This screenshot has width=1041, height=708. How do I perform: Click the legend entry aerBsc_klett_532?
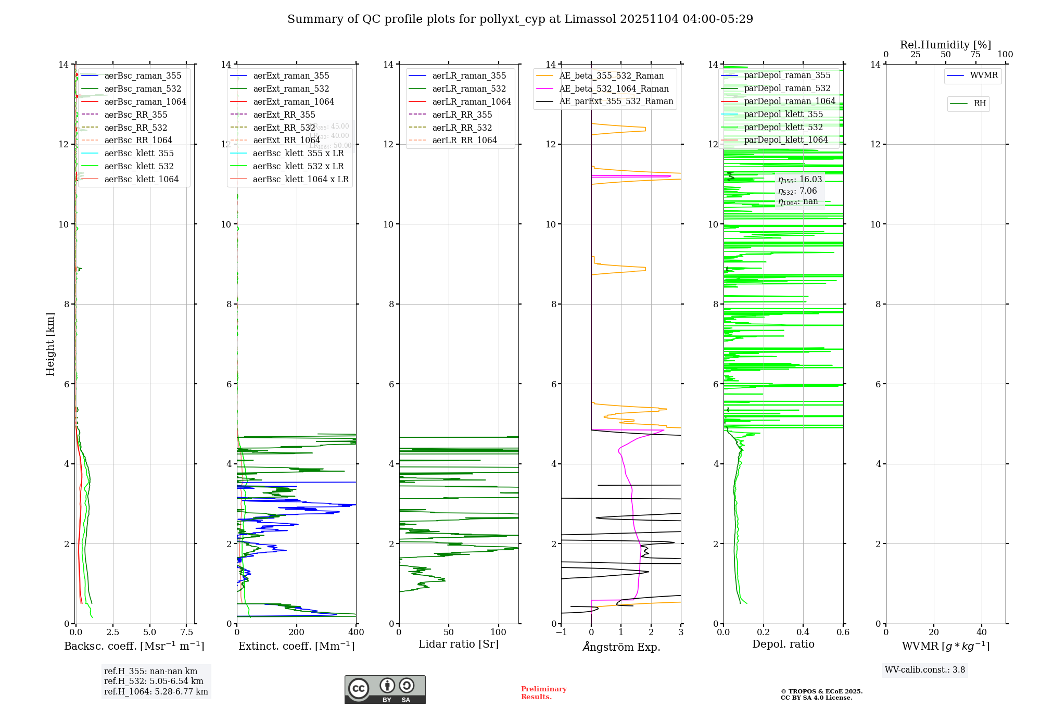139,167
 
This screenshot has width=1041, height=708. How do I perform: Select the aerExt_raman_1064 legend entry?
294,102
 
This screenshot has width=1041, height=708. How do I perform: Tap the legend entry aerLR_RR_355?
462,115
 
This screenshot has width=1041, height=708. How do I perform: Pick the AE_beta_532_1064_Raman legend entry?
614,89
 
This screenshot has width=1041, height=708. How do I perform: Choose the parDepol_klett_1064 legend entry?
785,140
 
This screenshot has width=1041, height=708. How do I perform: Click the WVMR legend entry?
984,76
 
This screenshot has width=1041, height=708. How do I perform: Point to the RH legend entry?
980,104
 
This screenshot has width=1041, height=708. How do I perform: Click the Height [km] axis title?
50,344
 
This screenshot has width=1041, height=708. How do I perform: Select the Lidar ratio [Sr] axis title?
459,644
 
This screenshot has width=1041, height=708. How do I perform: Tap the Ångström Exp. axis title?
621,647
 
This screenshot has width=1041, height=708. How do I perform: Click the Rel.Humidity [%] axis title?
945,45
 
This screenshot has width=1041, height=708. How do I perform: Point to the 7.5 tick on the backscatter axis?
187,633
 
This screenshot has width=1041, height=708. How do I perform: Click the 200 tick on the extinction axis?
297,633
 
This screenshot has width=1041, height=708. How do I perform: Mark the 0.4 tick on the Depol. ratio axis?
803,633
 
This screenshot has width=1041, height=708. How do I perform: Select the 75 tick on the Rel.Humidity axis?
975,55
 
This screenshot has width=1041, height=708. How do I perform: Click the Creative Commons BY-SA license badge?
385,690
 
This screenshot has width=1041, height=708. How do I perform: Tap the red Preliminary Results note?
543,693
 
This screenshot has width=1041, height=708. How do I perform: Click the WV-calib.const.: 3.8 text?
925,670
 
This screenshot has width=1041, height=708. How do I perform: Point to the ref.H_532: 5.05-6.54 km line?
154,681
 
